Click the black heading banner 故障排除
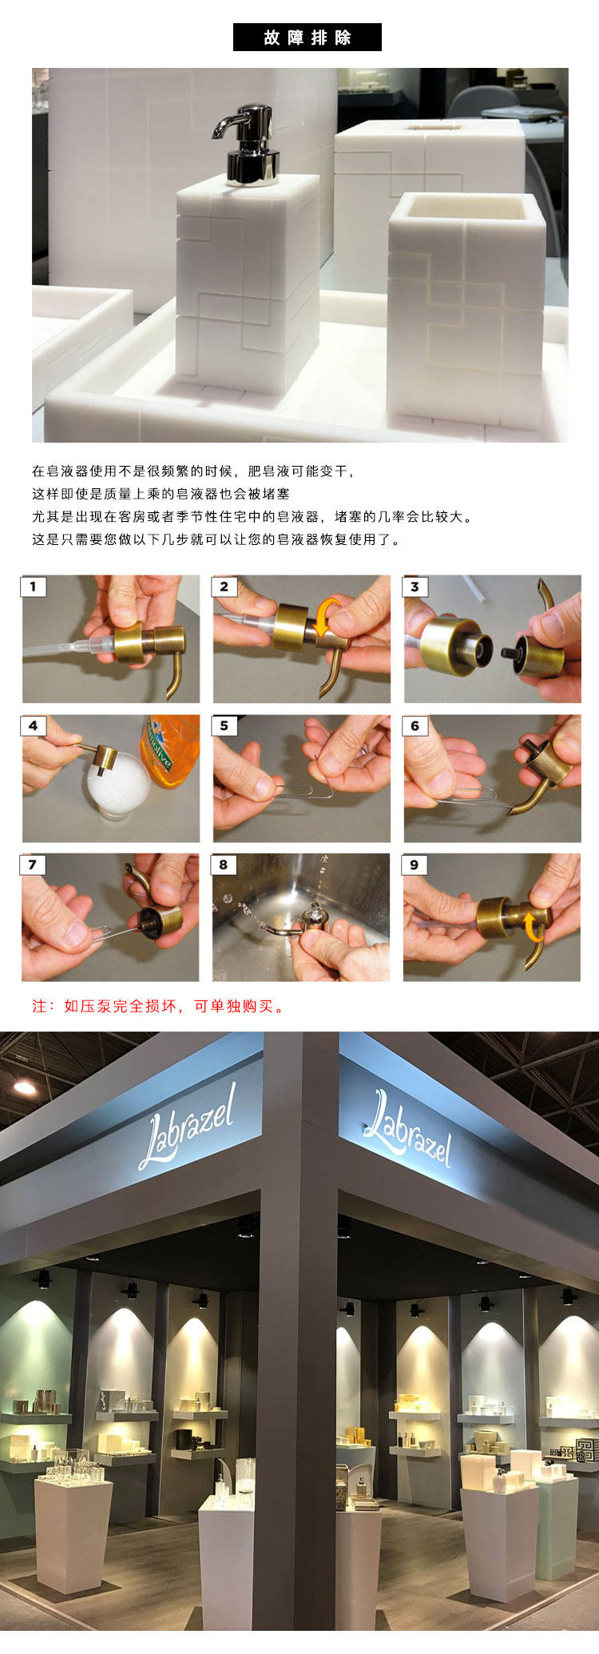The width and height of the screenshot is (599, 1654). (307, 38)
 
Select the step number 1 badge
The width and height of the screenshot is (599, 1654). (34, 587)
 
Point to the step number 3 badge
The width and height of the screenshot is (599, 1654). (415, 587)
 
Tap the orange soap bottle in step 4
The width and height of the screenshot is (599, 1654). (169, 750)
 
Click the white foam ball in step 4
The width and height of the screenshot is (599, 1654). (118, 786)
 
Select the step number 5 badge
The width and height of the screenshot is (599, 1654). (224, 726)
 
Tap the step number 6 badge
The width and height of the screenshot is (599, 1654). (415, 726)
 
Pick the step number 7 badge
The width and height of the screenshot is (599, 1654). (34, 865)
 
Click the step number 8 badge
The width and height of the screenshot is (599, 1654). (224, 865)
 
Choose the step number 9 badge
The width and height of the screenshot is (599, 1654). (415, 865)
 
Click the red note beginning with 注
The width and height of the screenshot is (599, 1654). (159, 1006)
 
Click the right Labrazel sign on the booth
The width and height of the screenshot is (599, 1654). (407, 1127)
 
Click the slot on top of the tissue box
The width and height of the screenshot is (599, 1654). (434, 126)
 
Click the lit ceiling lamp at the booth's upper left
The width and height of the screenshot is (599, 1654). (25, 1087)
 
